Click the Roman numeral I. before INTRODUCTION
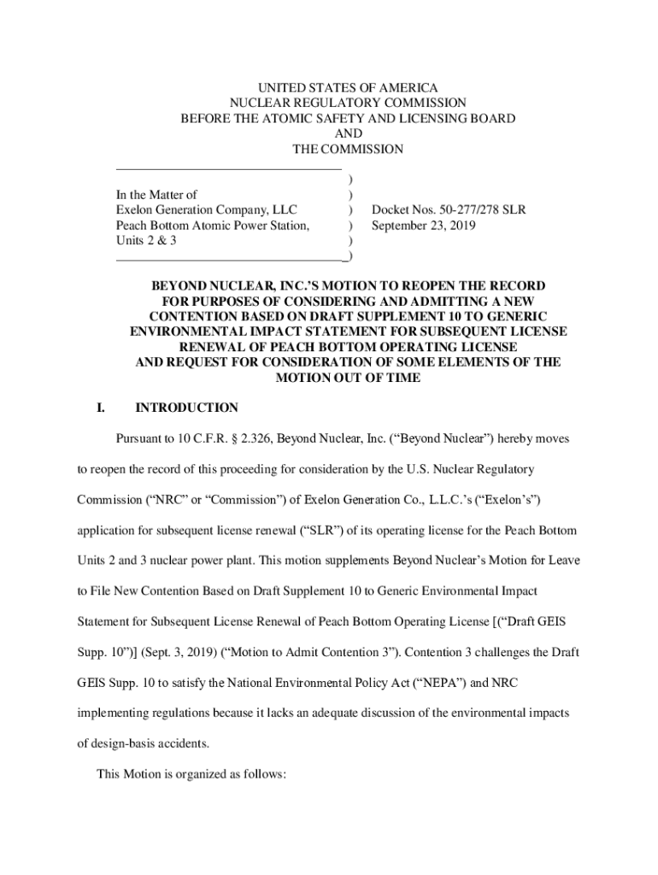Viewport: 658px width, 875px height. tap(101, 408)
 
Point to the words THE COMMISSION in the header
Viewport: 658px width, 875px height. tap(348, 150)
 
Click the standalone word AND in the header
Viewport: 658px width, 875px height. tap(348, 134)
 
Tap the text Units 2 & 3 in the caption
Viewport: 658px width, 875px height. tap(146, 241)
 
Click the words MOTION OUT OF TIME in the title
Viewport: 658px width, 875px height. tap(347, 377)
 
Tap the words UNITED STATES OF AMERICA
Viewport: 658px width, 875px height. tap(348, 88)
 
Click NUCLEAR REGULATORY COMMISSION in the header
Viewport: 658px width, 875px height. tap(348, 103)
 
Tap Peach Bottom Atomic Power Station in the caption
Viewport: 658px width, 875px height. tap(213, 226)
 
